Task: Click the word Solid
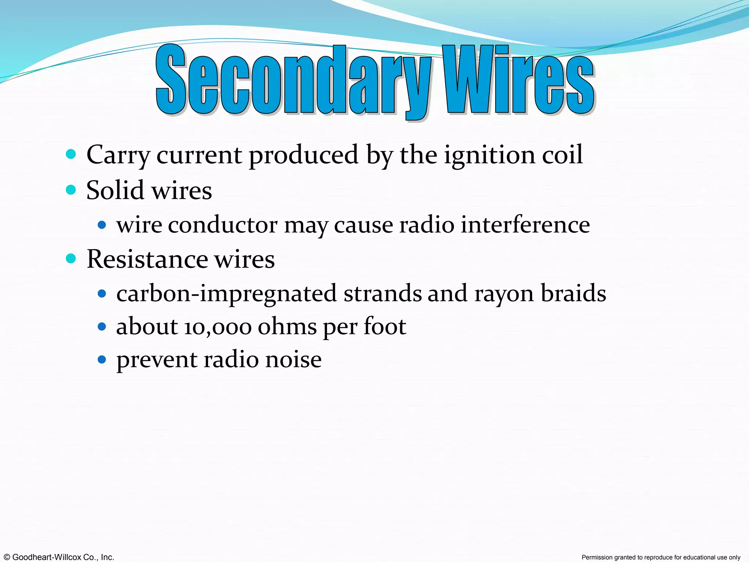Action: point(115,190)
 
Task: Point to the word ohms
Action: point(287,326)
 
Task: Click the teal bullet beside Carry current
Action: point(71,154)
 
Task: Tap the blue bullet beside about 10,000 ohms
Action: point(102,326)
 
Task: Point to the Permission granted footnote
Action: point(661,557)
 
